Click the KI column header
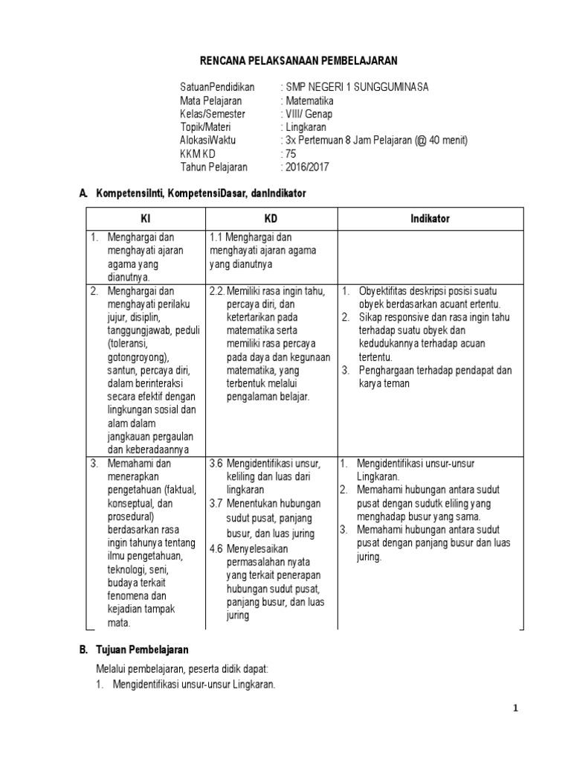(x=146, y=219)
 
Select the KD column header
(x=271, y=219)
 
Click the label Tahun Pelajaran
(x=213, y=167)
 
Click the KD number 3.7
(x=216, y=504)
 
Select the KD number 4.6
(x=216, y=548)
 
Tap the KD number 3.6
(x=216, y=463)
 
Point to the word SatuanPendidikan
(x=217, y=87)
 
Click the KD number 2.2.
(x=216, y=291)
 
